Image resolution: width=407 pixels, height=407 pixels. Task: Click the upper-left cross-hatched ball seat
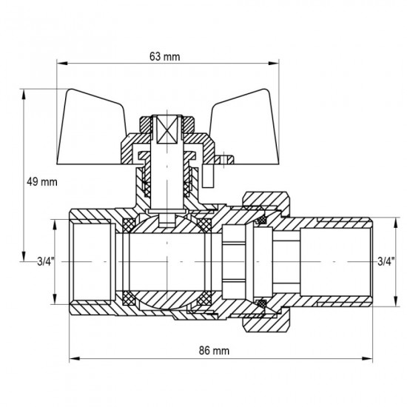click(127, 222)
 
